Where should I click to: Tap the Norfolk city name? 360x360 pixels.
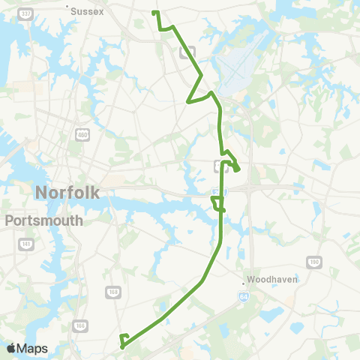[x=67, y=193]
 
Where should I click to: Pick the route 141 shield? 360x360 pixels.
[x=27, y=245]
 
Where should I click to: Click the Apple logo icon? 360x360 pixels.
[x=10, y=349]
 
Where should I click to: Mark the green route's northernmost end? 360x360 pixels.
[x=154, y=13]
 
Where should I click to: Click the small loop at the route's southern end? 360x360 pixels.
[x=124, y=339]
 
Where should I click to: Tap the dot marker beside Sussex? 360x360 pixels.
[x=67, y=9]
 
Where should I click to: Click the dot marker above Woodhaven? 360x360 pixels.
[x=244, y=283]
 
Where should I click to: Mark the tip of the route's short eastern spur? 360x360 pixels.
[x=238, y=169]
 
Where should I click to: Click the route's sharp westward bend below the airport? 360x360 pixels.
[x=187, y=103]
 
